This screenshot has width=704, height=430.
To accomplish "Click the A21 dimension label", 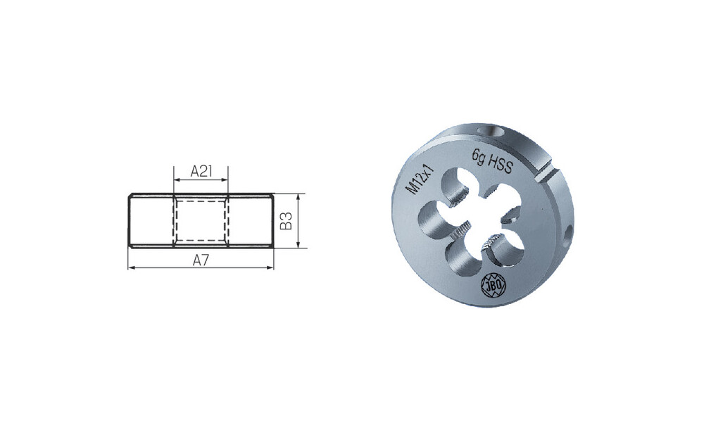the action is [201, 172].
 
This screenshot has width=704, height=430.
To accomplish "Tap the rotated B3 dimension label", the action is [286, 220].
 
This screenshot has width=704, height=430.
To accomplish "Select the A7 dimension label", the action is [201, 260].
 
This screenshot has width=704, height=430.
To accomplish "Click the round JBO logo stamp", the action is [493, 284].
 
